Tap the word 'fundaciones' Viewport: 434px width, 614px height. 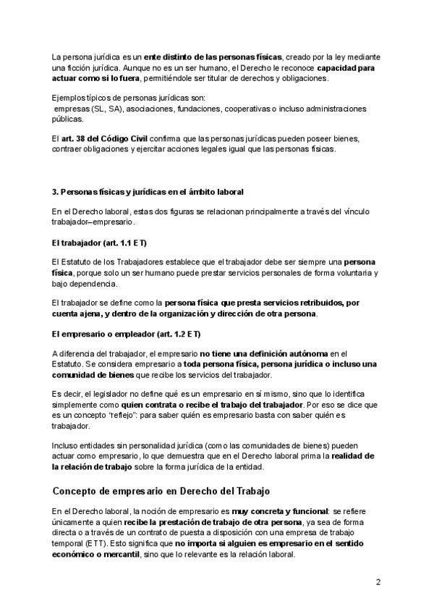point(218,109)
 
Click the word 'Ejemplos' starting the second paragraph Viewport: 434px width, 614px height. point(69,97)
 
